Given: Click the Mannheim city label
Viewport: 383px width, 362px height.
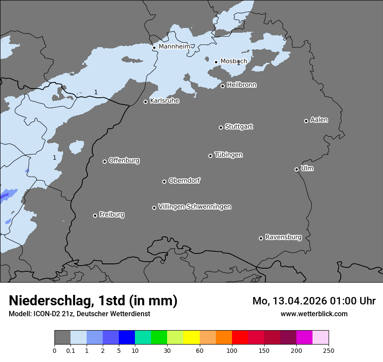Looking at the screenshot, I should point(174,46).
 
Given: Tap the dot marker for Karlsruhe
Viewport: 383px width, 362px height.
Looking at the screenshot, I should point(146,102).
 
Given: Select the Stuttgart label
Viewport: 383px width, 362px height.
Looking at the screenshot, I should point(239,126).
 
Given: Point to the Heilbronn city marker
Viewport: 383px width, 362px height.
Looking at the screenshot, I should point(222,86).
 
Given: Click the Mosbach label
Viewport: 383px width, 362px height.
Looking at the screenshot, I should point(234,61).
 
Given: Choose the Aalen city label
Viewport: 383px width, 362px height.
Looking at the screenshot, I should point(319,120).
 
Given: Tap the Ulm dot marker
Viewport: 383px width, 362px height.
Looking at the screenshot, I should point(296,169).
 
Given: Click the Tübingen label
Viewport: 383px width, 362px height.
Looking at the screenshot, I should point(228,155).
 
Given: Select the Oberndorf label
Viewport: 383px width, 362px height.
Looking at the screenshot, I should point(185,181).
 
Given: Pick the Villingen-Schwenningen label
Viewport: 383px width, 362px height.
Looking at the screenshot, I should point(195,207).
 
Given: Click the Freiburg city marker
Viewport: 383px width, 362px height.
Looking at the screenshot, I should point(95,215).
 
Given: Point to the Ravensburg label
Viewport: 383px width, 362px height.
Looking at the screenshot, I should point(283,237).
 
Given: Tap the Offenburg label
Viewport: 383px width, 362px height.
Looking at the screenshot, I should point(124,161).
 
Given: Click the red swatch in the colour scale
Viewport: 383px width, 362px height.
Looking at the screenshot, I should point(240,338).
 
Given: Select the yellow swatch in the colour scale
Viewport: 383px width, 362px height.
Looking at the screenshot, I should point(191,338).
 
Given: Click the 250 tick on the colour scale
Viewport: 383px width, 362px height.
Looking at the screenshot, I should point(329,350).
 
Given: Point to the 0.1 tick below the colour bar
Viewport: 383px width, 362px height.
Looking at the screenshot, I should point(71,350).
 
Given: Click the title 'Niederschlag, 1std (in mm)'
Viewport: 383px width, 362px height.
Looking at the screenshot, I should point(93,301).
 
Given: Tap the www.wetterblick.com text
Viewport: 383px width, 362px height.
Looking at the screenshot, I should point(314,314).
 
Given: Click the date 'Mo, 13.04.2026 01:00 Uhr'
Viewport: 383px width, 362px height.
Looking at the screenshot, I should point(314,301).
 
